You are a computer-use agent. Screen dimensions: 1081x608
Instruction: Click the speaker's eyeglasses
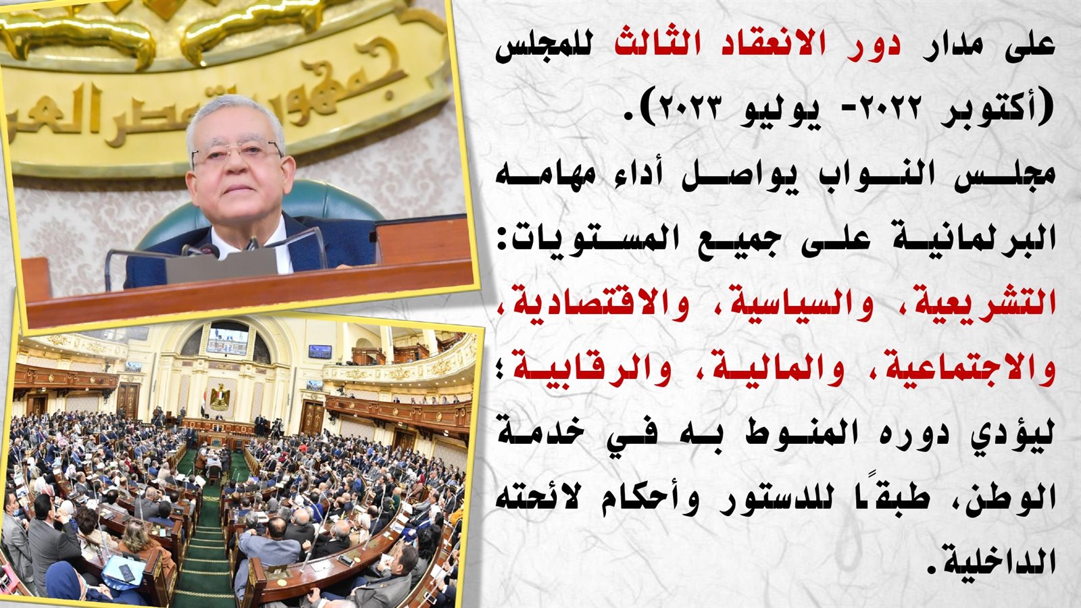237,153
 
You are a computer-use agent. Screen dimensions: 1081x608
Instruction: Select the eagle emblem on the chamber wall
220,397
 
